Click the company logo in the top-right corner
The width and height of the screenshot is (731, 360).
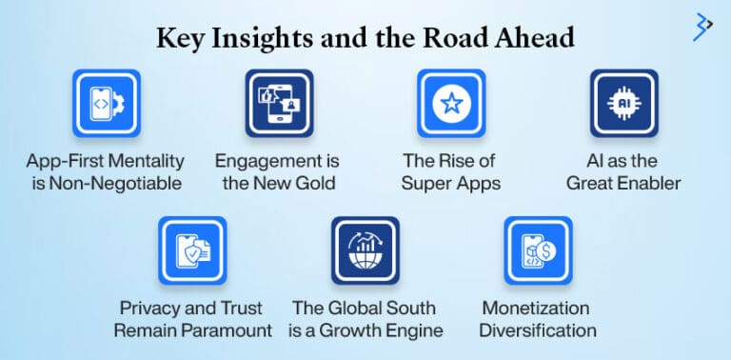702,26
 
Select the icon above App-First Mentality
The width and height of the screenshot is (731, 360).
106,103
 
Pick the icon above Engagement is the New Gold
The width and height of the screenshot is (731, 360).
278,103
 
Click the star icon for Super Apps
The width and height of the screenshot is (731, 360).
451,103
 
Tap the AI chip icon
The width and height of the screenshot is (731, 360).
623,103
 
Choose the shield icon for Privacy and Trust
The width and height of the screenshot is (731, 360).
192,250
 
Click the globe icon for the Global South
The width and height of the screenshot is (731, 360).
365,250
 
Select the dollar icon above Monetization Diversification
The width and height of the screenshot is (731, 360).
538,250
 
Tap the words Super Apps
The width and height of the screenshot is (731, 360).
451,183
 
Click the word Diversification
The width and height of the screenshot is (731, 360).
538,330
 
